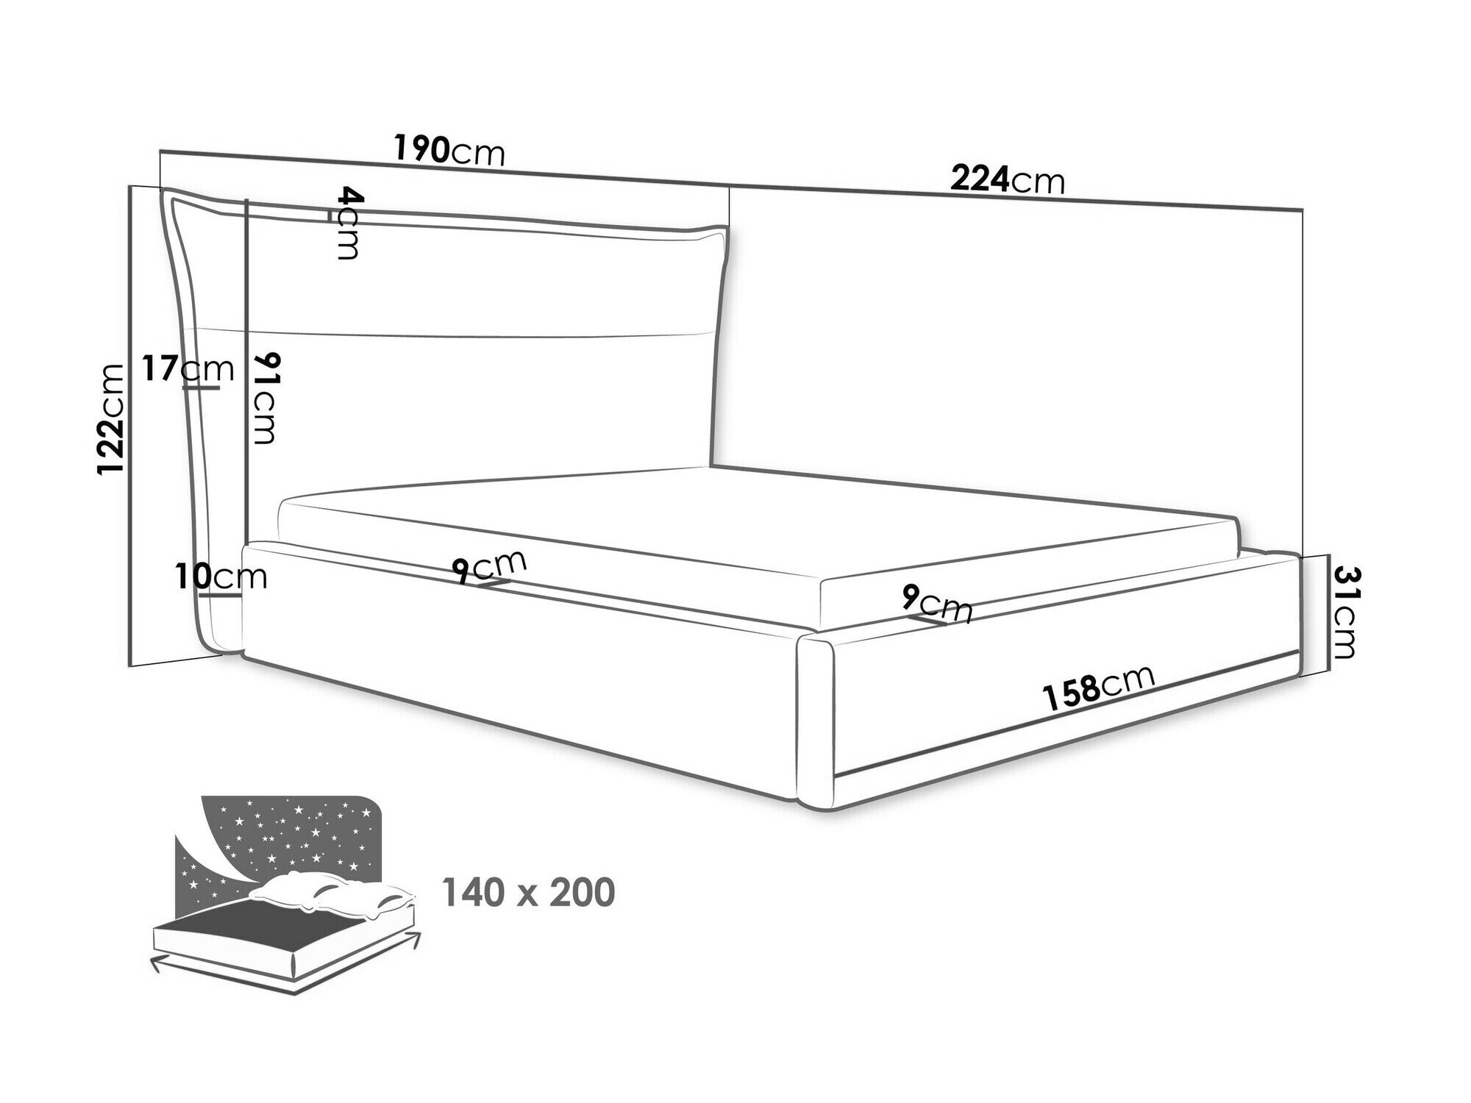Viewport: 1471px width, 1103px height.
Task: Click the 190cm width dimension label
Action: [x=449, y=151]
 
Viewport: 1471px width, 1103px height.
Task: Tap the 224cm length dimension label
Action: [x=1007, y=180]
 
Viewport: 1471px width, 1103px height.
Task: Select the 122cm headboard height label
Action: [x=113, y=419]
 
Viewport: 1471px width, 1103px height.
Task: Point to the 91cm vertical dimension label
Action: [x=263, y=398]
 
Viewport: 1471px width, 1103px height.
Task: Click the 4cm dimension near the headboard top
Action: [x=348, y=223]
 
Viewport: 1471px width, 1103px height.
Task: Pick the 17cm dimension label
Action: [x=188, y=368]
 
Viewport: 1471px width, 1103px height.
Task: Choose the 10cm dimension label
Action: [x=221, y=577]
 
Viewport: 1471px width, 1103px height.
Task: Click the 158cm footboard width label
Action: [x=1098, y=688]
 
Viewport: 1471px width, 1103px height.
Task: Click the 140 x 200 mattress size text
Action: [x=527, y=893]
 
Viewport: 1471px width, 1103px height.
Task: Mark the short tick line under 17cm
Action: [x=201, y=388]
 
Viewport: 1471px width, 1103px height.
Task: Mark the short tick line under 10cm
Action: [x=224, y=596]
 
